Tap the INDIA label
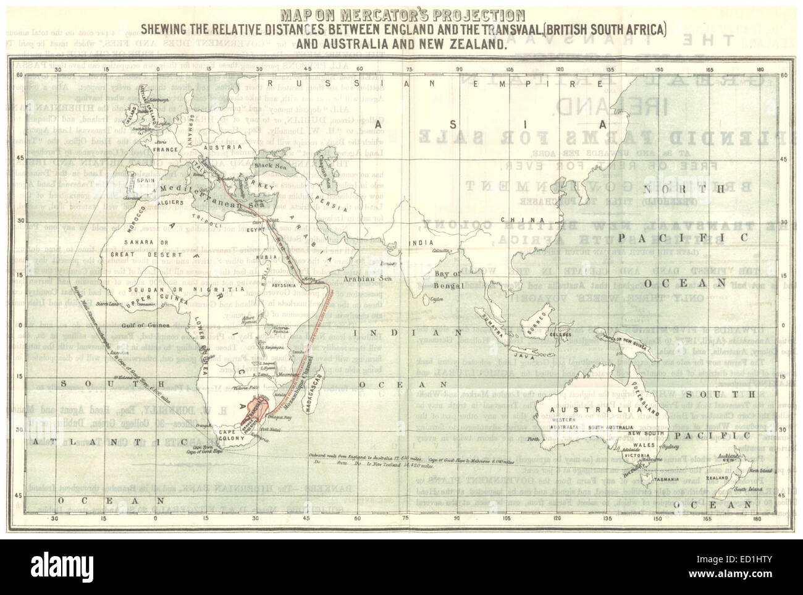click(x=422, y=243)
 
